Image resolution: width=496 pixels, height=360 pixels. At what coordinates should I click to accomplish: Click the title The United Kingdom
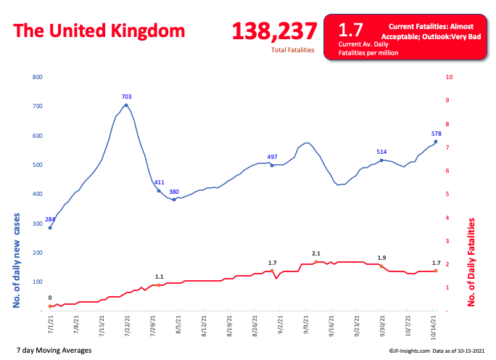pyautogui.click(x=99, y=31)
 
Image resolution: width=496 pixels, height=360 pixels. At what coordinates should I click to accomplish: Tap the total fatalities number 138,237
pyautogui.click(x=274, y=31)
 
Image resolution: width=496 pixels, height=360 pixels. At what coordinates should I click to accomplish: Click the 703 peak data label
pyautogui.click(x=126, y=96)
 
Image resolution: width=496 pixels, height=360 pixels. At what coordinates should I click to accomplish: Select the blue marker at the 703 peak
pyautogui.click(x=126, y=105)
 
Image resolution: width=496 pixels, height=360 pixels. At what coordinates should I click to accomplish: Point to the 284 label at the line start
pyautogui.click(x=50, y=218)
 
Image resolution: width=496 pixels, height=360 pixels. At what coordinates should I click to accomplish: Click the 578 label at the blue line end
pyautogui.click(x=437, y=134)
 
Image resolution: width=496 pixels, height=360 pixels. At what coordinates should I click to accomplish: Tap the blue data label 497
pyautogui.click(x=273, y=157)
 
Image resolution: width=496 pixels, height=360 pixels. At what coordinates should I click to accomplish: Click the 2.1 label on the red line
pyautogui.click(x=316, y=253)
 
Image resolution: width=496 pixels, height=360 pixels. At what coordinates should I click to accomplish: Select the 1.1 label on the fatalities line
pyautogui.click(x=159, y=277)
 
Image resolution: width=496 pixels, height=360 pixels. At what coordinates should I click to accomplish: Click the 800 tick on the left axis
pyautogui.click(x=38, y=77)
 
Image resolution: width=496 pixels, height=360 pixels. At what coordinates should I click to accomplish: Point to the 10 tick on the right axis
pyautogui.click(x=450, y=77)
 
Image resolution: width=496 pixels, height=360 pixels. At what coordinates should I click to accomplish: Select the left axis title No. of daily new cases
pyautogui.click(x=17, y=261)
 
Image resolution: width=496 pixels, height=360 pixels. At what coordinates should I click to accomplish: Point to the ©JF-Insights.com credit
pyautogui.click(x=394, y=351)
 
